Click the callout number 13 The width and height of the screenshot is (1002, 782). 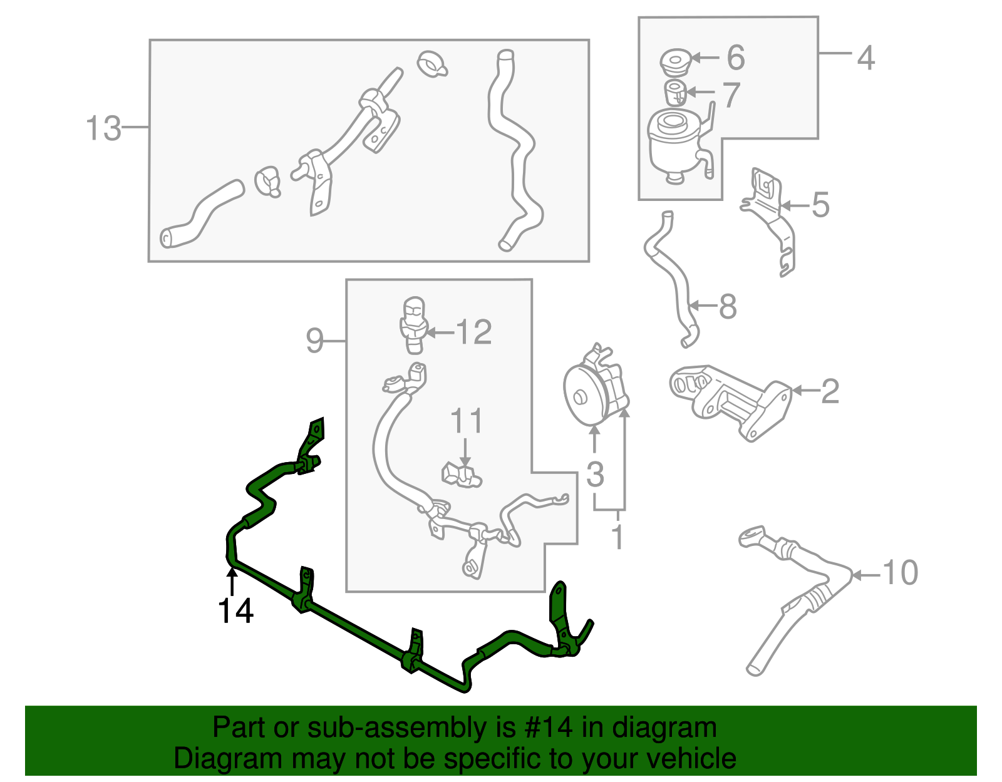pos(103,128)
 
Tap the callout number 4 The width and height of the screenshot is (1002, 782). pos(865,58)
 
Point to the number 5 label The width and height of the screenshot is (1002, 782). pos(820,205)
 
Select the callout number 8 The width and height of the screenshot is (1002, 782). pos(728,307)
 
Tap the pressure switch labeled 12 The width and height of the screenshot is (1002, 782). pos(412,324)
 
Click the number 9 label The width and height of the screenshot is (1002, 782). pos(314,341)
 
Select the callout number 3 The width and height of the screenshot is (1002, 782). pos(595,474)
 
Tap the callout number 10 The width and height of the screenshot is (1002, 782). pos(900,573)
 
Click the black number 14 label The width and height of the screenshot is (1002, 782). pos(235,611)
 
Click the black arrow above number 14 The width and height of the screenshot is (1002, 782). pos(232,579)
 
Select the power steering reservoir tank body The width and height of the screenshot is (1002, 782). pos(673,147)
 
